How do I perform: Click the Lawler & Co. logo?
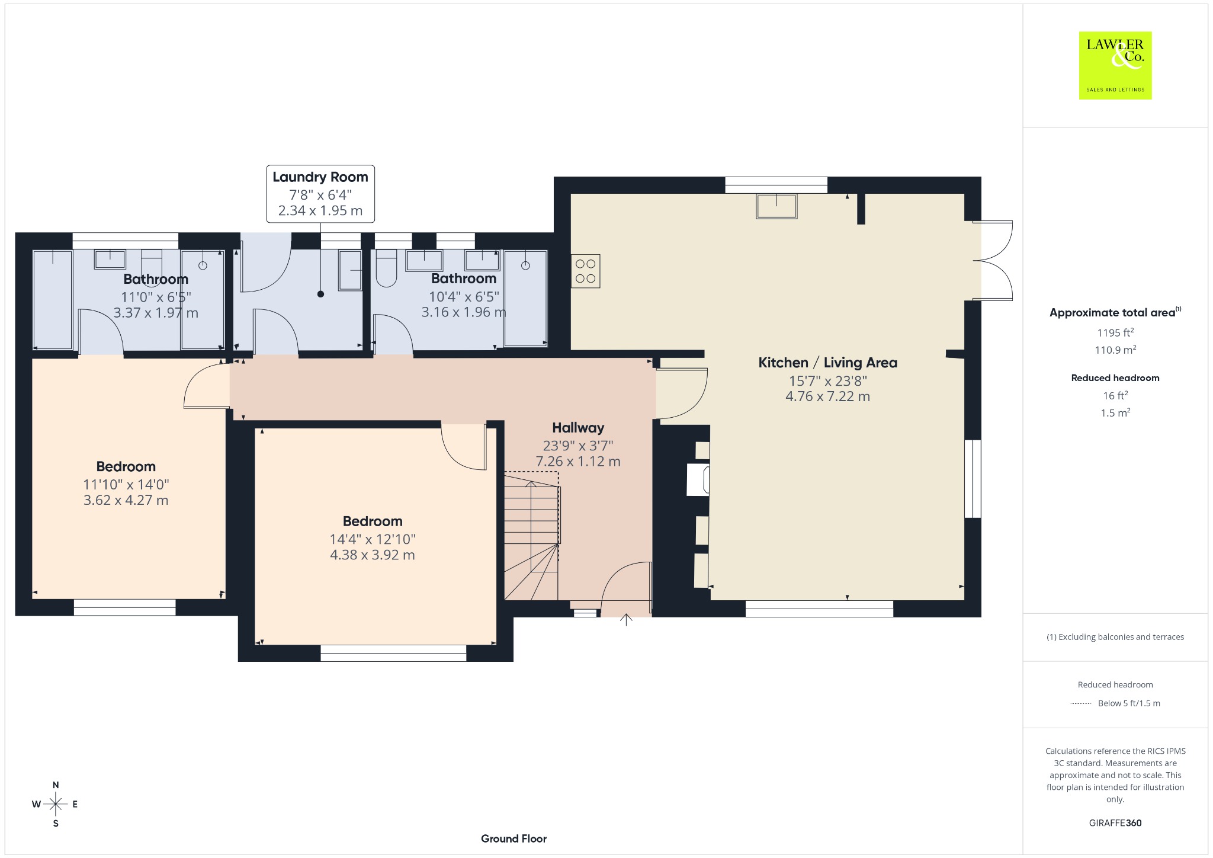[x=1115, y=65]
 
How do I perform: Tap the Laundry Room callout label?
[x=320, y=194]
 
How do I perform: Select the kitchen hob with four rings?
[x=586, y=271]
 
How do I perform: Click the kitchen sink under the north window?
[x=776, y=206]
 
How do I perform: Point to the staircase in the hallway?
[x=531, y=536]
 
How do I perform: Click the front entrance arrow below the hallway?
[x=626, y=620]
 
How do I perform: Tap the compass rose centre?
[x=56, y=804]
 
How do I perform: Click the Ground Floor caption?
[x=514, y=838]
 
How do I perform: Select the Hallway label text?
[x=578, y=428]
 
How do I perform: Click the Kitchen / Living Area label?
[x=827, y=363]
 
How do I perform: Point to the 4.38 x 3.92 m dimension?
[x=373, y=555]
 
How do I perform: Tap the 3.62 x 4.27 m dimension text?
[x=126, y=500]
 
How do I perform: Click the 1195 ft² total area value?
[x=1115, y=332]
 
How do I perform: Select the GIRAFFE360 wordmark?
[x=1115, y=823]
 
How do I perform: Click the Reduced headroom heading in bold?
[x=1115, y=378]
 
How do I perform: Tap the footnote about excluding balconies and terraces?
[x=1115, y=637]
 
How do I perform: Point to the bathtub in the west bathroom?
[x=53, y=300]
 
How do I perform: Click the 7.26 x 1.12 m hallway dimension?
[x=578, y=461]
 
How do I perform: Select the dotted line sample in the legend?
[x=1081, y=704]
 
